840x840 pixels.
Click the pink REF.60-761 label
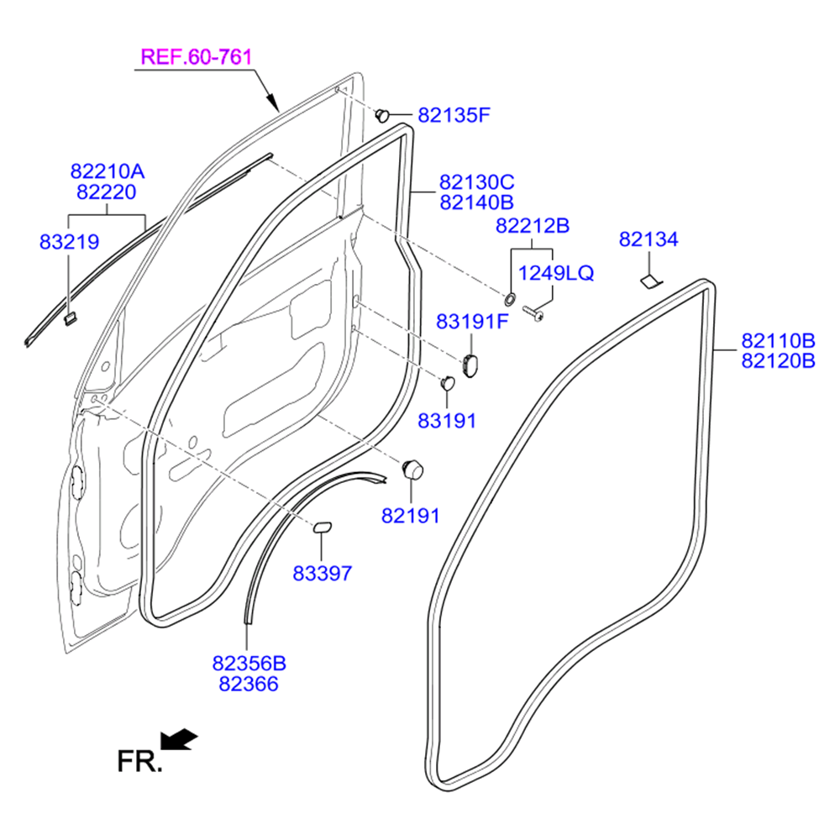(x=196, y=58)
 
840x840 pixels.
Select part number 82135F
(x=453, y=115)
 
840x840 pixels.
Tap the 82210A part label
(x=107, y=172)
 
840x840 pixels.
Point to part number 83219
(x=69, y=243)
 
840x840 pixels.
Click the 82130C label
(x=476, y=182)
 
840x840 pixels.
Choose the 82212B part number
(x=533, y=226)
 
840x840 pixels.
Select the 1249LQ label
(x=555, y=273)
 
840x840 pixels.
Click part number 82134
(x=648, y=240)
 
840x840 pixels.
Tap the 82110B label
(x=778, y=341)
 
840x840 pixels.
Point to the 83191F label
(x=472, y=322)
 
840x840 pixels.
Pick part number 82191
(x=411, y=516)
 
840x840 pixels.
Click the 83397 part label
(x=322, y=574)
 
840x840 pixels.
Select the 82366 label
(x=249, y=684)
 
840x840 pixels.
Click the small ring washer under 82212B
(x=510, y=298)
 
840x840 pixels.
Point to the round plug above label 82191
(x=412, y=469)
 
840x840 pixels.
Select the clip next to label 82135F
(x=382, y=113)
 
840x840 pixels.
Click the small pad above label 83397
(x=323, y=527)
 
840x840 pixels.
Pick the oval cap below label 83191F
(x=469, y=361)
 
